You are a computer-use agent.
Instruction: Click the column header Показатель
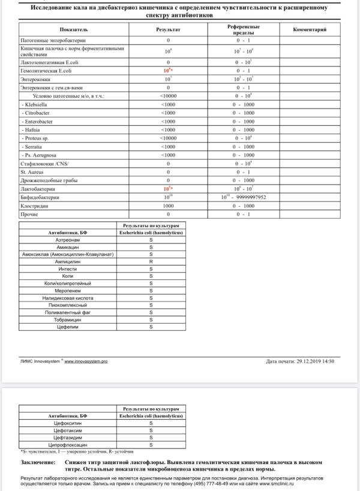click(74, 29)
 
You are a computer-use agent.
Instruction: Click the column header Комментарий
click(310, 29)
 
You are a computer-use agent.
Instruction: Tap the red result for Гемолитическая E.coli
click(168, 70)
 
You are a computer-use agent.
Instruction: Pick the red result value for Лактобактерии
click(168, 188)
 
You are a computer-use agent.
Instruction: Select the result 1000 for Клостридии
click(168, 205)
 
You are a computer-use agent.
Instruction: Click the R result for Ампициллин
click(151, 261)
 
